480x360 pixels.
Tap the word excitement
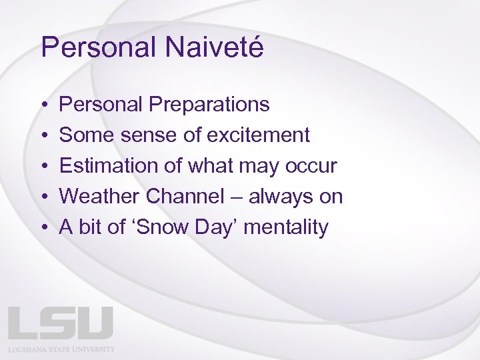click(x=258, y=135)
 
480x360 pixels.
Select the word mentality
click(x=286, y=227)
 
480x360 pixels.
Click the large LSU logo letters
click(x=61, y=323)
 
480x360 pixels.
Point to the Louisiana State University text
click(x=61, y=349)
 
